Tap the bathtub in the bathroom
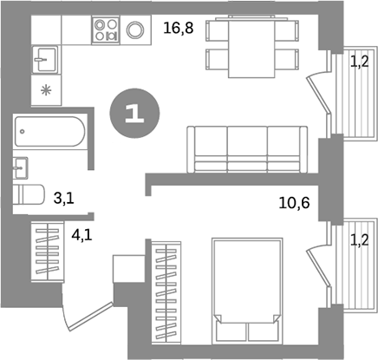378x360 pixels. [x=50, y=133]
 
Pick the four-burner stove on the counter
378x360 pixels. [x=106, y=30]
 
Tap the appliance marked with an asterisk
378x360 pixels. [x=45, y=90]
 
